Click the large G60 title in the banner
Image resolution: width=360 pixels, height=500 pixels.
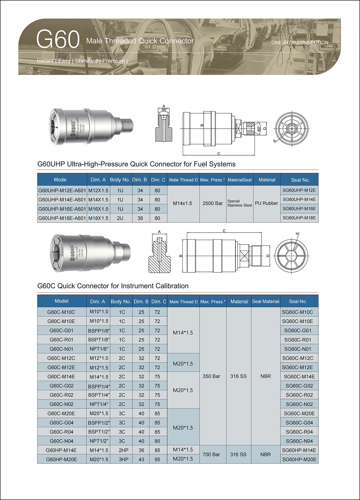click(58, 39)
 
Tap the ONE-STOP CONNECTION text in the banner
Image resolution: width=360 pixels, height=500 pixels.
click(300, 42)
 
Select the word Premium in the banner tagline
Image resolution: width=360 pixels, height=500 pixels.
click(113, 61)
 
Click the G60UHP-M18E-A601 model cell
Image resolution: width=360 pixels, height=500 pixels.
click(62, 218)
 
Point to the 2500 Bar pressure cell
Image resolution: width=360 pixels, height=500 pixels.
click(213, 203)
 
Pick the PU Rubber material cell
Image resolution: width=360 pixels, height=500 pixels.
click(266, 203)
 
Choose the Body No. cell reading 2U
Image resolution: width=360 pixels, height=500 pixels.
click(120, 218)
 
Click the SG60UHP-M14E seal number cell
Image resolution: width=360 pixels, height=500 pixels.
click(299, 199)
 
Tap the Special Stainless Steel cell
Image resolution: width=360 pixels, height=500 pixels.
click(240, 203)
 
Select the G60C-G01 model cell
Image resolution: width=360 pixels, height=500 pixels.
click(61, 330)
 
